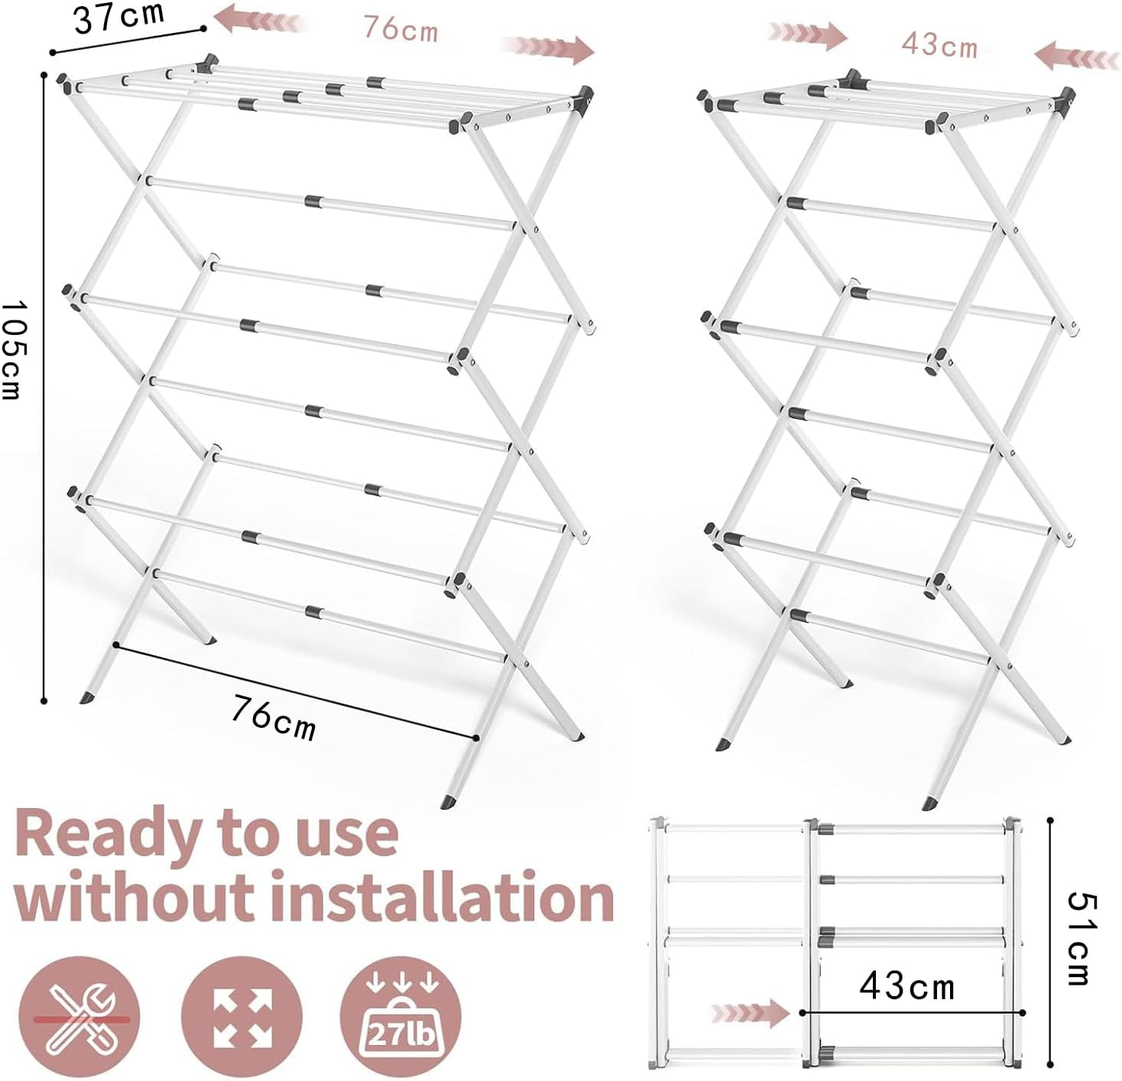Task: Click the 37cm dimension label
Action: (x=118, y=17)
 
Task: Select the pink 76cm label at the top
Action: (x=400, y=29)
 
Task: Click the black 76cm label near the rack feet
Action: (x=274, y=718)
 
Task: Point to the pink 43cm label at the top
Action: (x=939, y=44)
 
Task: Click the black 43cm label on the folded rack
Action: (x=907, y=986)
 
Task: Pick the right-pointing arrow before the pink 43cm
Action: (x=808, y=34)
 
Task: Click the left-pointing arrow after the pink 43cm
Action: (x=1076, y=57)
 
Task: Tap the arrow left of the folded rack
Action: (x=749, y=1014)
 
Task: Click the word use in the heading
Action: (x=349, y=836)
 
